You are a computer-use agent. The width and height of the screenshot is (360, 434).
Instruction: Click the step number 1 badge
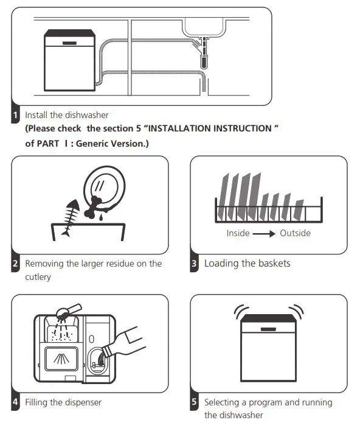[15, 114]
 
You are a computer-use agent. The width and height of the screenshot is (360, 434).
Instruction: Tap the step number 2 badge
[15, 264]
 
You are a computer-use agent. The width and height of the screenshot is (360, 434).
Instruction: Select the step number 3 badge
[195, 264]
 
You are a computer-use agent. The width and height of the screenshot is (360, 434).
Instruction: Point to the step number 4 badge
[15, 402]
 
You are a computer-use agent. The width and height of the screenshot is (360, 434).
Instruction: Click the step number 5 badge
[195, 402]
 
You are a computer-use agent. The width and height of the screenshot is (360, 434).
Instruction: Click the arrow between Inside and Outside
[264, 233]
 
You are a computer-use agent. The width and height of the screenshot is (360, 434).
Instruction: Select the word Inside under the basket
[238, 233]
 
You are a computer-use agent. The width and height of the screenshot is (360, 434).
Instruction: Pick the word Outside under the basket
[295, 233]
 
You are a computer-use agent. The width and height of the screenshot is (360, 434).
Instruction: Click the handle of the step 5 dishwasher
[268, 329]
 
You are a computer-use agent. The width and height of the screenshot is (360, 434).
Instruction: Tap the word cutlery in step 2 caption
[37, 276]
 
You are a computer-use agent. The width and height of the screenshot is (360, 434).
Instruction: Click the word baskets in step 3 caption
[270, 264]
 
